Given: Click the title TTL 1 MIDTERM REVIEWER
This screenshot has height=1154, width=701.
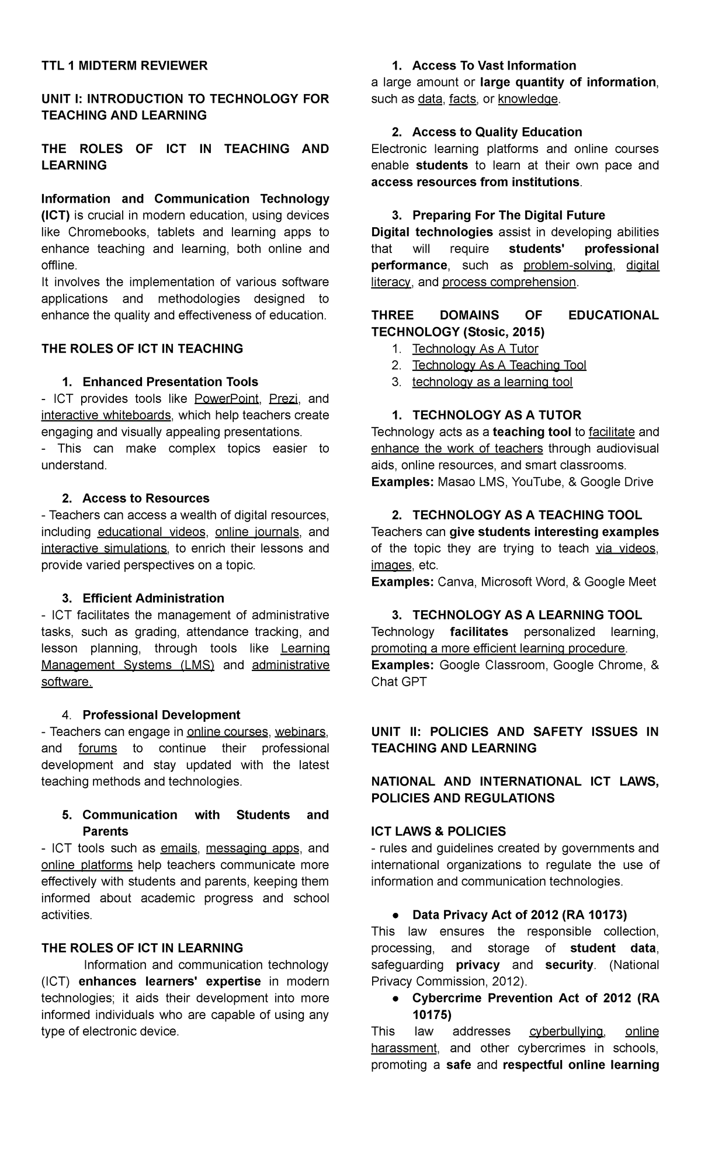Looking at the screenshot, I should click(124, 65).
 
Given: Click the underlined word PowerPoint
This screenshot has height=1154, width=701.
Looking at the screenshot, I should click(227, 399).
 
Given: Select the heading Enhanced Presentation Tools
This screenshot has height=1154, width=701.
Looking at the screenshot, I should click(170, 382).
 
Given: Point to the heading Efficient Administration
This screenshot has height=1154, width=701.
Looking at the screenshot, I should click(153, 598).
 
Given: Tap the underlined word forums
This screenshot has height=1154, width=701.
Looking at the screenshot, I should click(98, 748).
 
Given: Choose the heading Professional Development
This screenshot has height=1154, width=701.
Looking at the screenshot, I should click(161, 715).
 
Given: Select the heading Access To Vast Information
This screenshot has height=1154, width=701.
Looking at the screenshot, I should click(494, 65).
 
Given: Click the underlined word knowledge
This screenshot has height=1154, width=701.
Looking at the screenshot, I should click(528, 99).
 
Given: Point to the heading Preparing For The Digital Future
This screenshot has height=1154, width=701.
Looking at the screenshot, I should click(508, 215).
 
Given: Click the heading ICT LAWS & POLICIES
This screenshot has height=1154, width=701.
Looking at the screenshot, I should click(438, 831).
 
